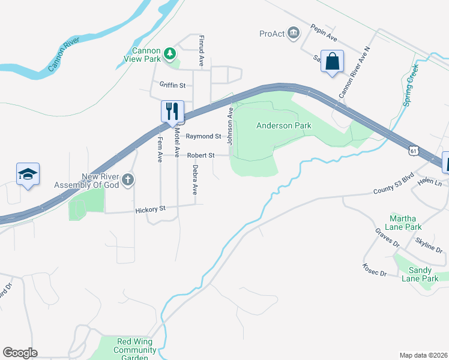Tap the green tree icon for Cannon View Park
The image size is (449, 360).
[x=170, y=54]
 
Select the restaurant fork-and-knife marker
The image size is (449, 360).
[x=172, y=110]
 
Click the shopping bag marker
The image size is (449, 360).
[x=333, y=61]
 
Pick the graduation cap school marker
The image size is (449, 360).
[x=28, y=174]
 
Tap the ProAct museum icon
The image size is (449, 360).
[x=294, y=32]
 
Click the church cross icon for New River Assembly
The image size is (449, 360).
[x=128, y=179]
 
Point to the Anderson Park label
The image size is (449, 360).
[x=283, y=125]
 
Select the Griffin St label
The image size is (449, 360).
[x=172, y=85]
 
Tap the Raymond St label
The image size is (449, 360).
[x=203, y=136]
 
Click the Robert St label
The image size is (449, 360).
[x=200, y=155]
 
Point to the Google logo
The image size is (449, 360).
[x=20, y=353]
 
